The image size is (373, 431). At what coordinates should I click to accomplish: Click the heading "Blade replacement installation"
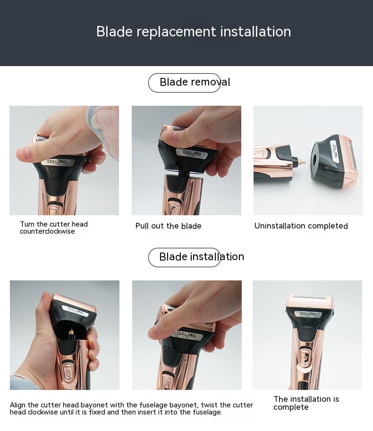[194, 31]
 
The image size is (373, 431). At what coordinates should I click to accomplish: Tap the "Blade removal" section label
[195, 82]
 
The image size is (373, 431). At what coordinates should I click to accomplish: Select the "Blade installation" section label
[202, 257]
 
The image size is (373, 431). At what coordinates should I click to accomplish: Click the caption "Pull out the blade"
[168, 226]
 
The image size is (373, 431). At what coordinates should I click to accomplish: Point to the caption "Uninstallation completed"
[301, 226]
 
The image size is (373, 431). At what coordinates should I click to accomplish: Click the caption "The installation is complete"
[306, 403]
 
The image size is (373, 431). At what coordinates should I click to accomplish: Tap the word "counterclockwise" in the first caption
[47, 231]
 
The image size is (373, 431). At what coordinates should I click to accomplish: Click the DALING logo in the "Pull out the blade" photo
[192, 153]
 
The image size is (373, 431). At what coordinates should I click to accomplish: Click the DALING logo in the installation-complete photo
[308, 314]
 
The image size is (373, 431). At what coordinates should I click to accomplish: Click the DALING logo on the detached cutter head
[335, 151]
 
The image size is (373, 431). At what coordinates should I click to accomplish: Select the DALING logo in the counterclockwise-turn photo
[57, 162]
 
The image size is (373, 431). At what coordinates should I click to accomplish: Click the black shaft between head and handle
[182, 172]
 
